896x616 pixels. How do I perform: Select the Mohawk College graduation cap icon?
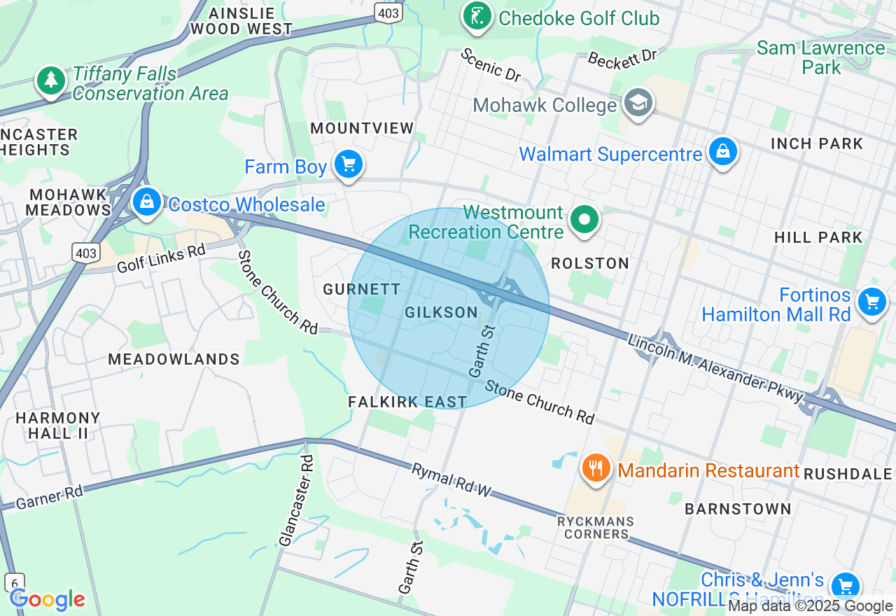[638, 104]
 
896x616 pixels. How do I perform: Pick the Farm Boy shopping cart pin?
[348, 165]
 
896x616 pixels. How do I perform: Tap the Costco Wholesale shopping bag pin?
[146, 202]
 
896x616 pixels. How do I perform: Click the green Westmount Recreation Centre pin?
[584, 220]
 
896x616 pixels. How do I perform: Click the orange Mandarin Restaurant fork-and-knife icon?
[596, 468]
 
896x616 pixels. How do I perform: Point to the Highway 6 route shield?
[14, 582]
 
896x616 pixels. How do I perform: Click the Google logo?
[47, 600]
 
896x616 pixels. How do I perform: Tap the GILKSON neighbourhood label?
[441, 313]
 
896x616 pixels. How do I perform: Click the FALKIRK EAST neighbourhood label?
[407, 402]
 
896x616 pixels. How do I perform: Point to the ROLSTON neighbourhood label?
[590, 263]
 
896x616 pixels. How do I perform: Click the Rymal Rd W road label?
[451, 480]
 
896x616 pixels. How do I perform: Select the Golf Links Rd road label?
[161, 258]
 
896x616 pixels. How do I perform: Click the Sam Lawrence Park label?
[821, 57]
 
